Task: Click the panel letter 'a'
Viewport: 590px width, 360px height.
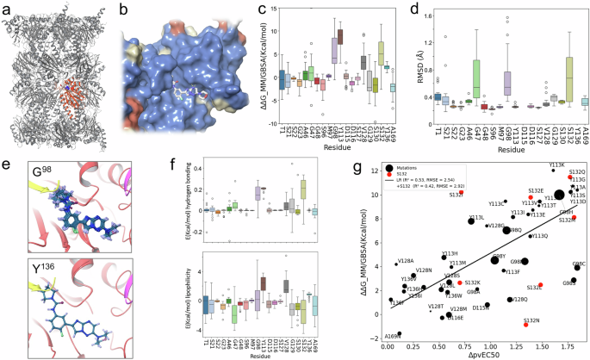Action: [x=5, y=8]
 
